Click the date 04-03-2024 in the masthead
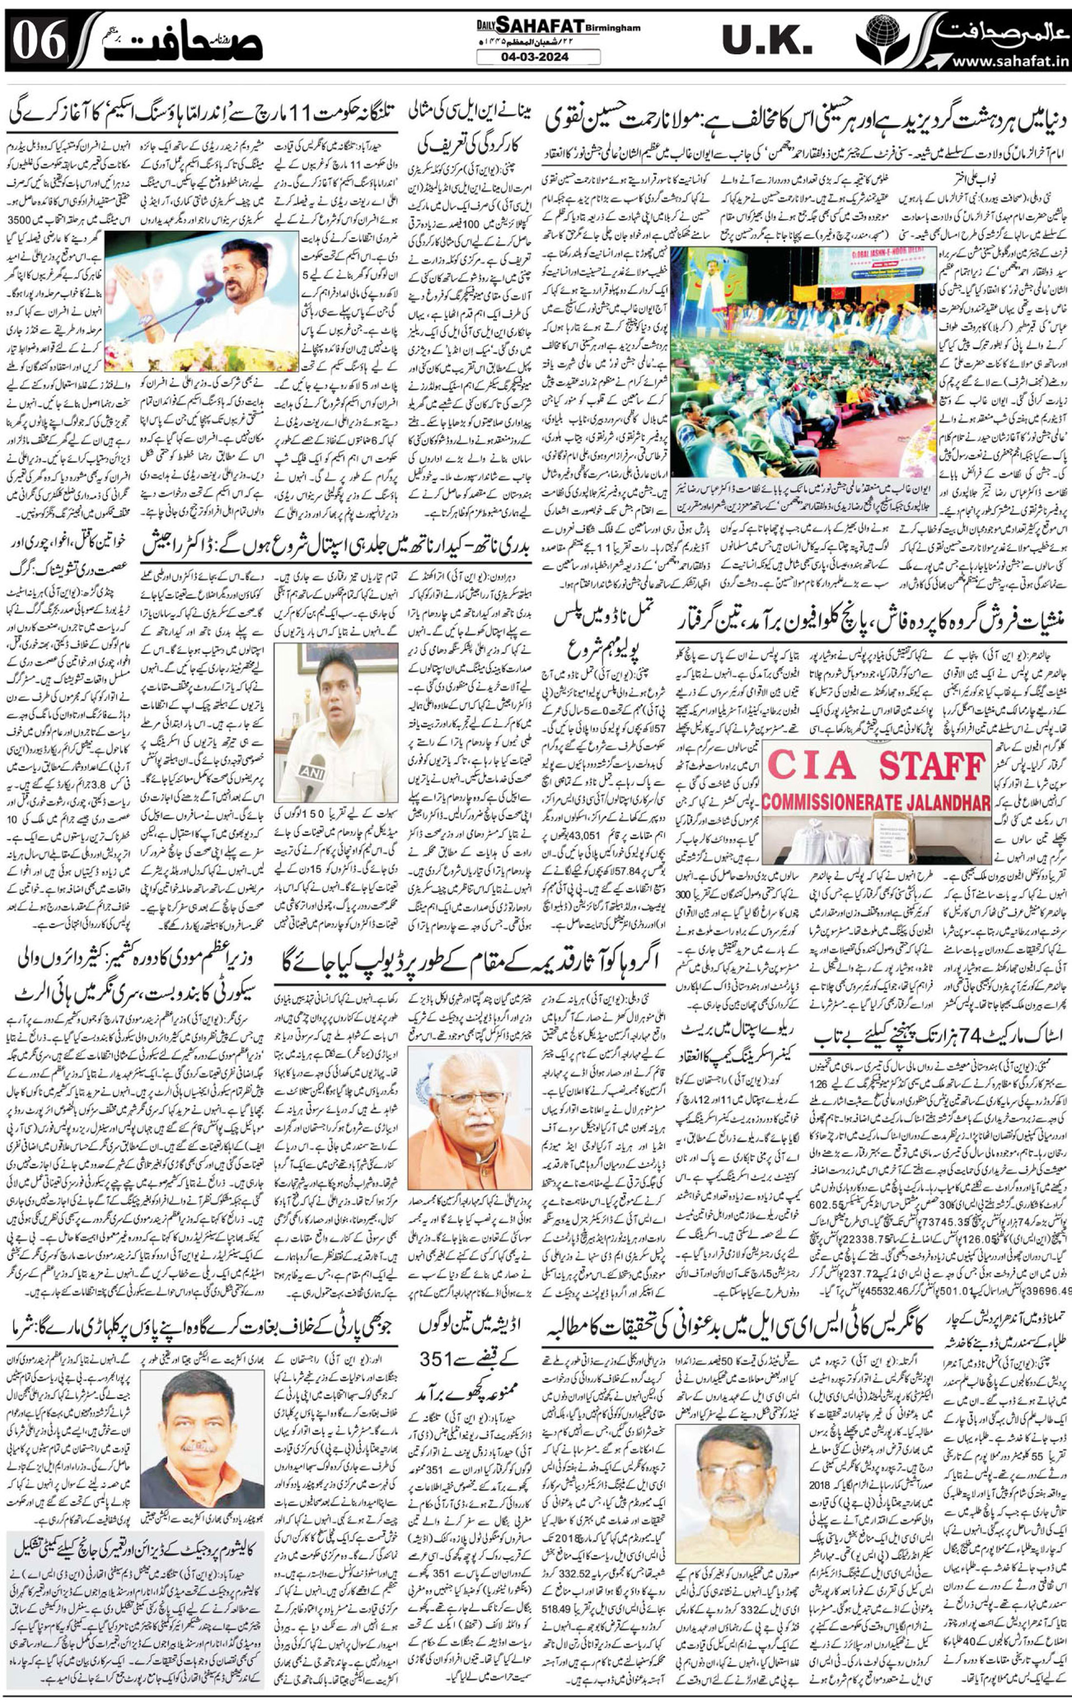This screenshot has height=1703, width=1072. click(538, 56)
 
